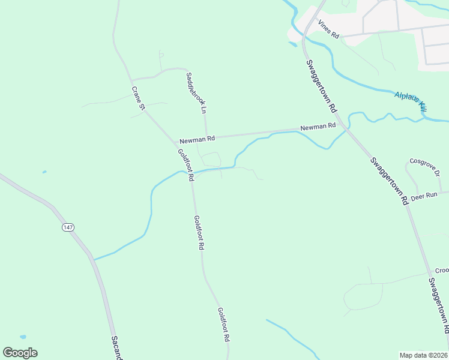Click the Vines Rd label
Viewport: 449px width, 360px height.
click(x=329, y=29)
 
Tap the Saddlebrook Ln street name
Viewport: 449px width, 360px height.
click(x=196, y=93)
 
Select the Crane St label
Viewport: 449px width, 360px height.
click(x=139, y=98)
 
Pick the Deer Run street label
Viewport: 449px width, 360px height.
click(x=424, y=196)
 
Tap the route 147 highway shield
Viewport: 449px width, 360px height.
click(x=68, y=227)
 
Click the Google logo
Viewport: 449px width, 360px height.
click(x=20, y=353)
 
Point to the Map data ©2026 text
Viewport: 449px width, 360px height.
click(x=423, y=355)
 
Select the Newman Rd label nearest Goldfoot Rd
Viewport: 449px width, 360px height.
click(x=197, y=140)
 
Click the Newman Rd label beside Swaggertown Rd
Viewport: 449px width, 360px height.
click(x=318, y=127)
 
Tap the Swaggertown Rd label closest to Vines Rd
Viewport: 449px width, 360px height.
click(x=321, y=86)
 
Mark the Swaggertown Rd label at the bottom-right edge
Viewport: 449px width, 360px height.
click(x=439, y=305)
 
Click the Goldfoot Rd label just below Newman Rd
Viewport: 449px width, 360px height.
click(x=185, y=164)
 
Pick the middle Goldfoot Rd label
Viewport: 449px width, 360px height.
click(x=200, y=233)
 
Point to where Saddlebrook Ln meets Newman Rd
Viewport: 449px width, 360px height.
click(x=206, y=136)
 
